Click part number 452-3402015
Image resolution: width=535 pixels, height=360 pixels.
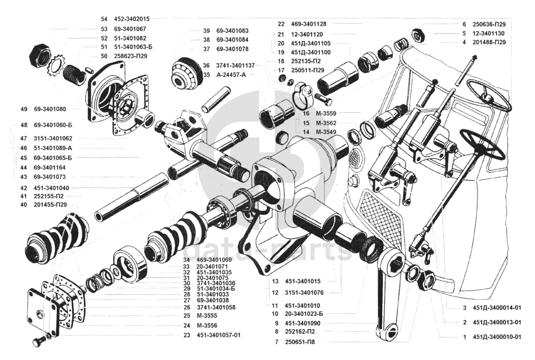coord(131,18)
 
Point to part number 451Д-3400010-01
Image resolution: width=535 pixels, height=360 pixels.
coord(496,337)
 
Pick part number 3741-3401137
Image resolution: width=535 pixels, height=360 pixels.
coord(235,66)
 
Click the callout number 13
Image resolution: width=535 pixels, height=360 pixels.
coord(275,281)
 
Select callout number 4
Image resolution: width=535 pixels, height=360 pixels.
coord(464,42)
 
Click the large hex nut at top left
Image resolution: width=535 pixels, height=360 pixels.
coord(39,54)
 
